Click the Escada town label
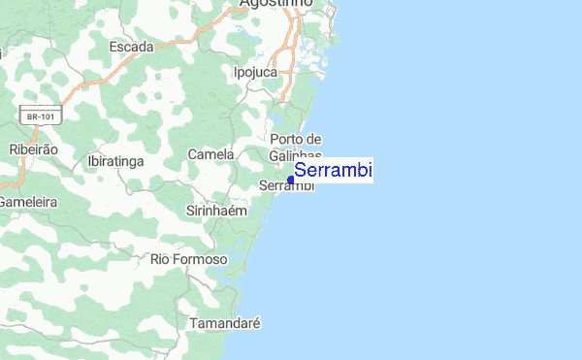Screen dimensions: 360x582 131,47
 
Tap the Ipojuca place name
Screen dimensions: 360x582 256,72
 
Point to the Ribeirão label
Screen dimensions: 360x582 33,150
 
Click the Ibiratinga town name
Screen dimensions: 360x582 115,159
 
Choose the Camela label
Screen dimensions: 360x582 210,154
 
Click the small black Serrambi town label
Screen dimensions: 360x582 287,186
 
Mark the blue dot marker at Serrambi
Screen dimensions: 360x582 291,180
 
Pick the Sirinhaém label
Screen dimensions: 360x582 217,210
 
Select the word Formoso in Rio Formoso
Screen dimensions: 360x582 202,260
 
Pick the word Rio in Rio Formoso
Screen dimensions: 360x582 161,260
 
